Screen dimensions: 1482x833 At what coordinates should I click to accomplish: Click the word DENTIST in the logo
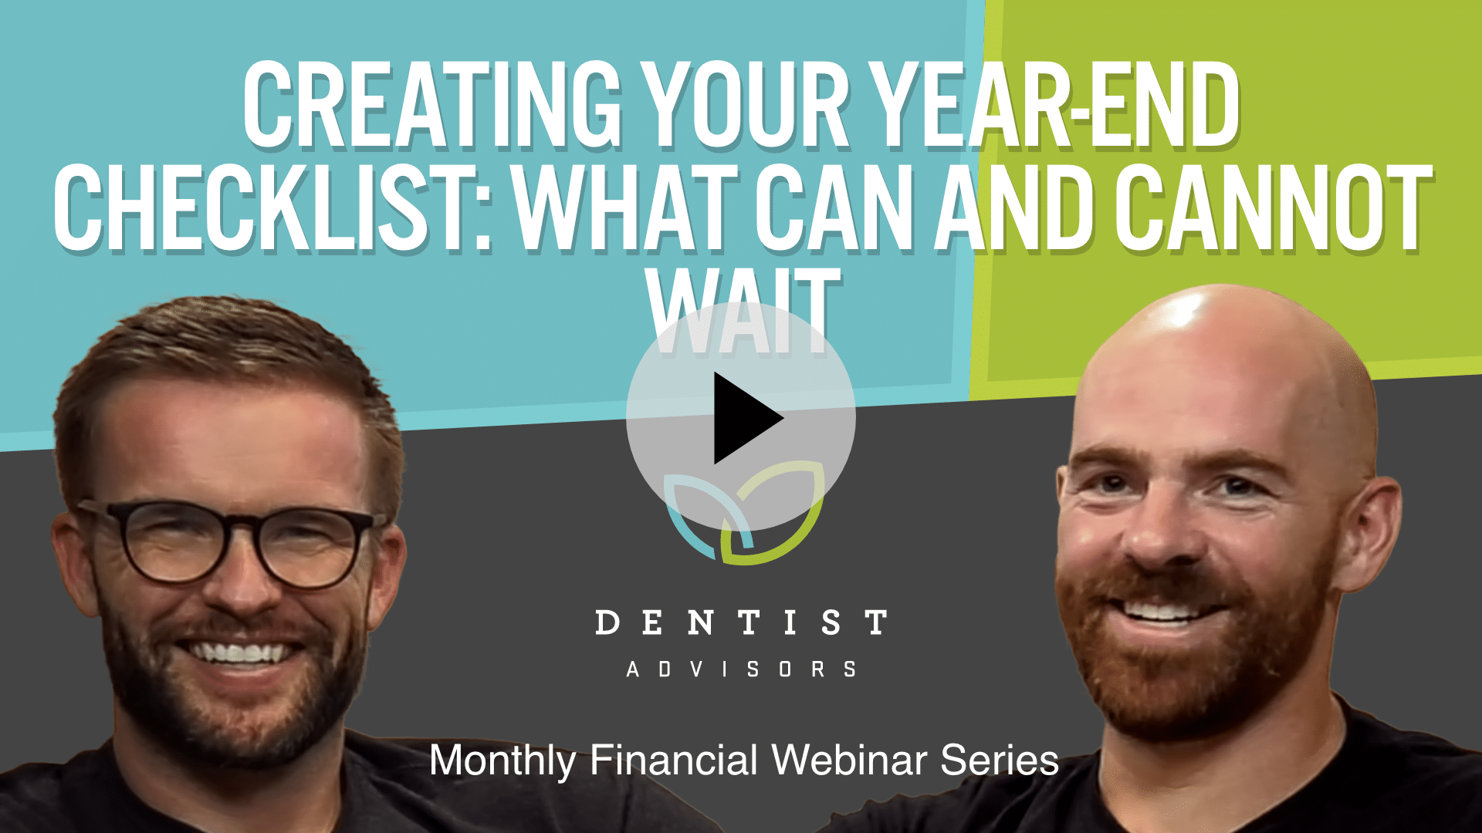coord(741,622)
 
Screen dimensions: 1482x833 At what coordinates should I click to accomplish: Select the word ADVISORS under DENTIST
coord(741,669)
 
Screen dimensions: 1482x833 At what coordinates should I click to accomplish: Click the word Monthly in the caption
coord(502,760)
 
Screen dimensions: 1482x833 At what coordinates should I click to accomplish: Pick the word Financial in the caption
coord(674,760)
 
